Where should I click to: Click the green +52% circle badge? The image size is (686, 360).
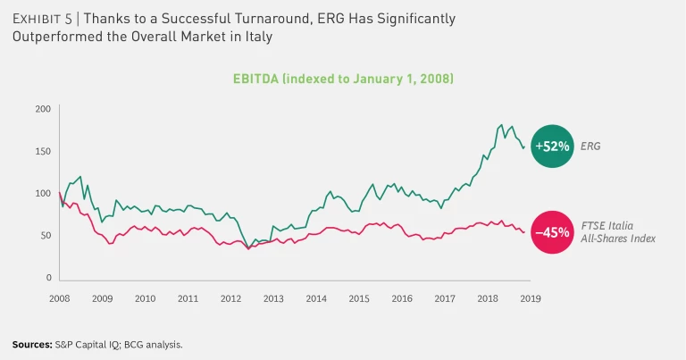coord(552,145)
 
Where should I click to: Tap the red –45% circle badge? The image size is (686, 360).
coord(552,232)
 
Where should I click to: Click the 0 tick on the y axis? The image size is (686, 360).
coord(48,278)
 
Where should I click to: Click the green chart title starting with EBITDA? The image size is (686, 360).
coord(343,80)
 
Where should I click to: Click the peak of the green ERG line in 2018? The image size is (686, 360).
coord(502,125)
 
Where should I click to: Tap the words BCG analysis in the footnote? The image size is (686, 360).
coord(163,344)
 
